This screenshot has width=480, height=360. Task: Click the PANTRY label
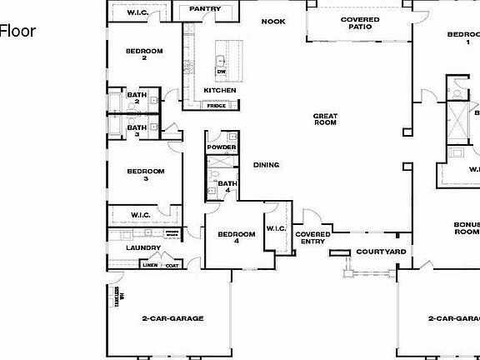pyautogui.click(x=204, y=9)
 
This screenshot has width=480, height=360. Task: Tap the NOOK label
pyautogui.click(x=273, y=22)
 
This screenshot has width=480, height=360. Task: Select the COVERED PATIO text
pyautogui.click(x=361, y=23)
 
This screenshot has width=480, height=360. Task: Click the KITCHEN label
pyautogui.click(x=220, y=90)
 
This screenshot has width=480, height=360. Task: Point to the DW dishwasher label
pyautogui.click(x=221, y=72)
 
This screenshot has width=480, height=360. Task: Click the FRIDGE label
pyautogui.click(x=217, y=106)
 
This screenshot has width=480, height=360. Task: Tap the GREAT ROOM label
pyautogui.click(x=325, y=119)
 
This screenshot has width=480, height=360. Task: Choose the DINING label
pyautogui.click(x=267, y=164)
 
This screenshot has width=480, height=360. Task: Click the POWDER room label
pyautogui.click(x=222, y=147)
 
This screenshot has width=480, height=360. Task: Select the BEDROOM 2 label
pyautogui.click(x=144, y=54)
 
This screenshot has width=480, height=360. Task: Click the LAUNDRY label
pyautogui.click(x=143, y=247)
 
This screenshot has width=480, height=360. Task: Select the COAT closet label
pyautogui.click(x=172, y=265)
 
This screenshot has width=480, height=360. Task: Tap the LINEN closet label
pyautogui.click(x=150, y=265)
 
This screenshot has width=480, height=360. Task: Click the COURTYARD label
pyautogui.click(x=381, y=251)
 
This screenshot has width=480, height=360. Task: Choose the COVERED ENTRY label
pyautogui.click(x=312, y=237)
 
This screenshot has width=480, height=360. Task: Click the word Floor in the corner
pyautogui.click(x=17, y=32)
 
